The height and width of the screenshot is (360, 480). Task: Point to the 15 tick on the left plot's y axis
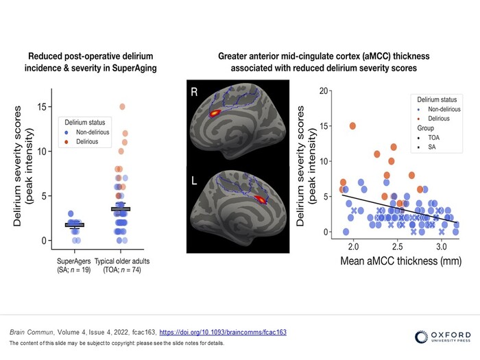(42, 107)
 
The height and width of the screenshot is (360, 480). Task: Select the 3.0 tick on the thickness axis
(440, 245)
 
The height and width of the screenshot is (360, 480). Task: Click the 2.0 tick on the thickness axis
(353, 245)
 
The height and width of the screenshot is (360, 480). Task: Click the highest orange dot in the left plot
(123, 107)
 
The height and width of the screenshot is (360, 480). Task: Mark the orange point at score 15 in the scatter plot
(352, 126)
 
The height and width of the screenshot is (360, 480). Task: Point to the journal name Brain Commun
(28, 332)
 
